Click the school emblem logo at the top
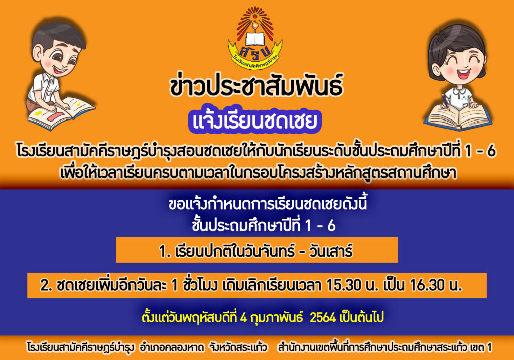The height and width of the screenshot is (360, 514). pyautogui.click(x=255, y=38)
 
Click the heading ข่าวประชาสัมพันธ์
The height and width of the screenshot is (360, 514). pyautogui.click(x=256, y=86)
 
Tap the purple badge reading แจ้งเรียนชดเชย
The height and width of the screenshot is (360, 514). pyautogui.click(x=254, y=121)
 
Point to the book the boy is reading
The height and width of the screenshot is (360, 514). pyautogui.click(x=61, y=112)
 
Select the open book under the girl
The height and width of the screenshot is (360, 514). pyautogui.click(x=458, y=116)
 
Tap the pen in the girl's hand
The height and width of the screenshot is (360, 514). pyautogui.click(x=445, y=100)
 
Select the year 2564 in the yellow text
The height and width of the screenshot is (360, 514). pyautogui.click(x=323, y=317)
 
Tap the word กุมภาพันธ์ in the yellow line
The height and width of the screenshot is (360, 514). pyautogui.click(x=277, y=317)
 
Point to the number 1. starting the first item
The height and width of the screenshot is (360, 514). pyautogui.click(x=165, y=252)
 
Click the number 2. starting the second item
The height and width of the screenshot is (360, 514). pyautogui.click(x=46, y=285)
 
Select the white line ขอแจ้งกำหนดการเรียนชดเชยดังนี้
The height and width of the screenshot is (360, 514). pyautogui.click(x=268, y=204)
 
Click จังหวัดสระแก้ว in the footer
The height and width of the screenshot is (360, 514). pyautogui.click(x=238, y=347)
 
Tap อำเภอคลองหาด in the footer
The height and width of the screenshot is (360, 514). pyautogui.click(x=172, y=347)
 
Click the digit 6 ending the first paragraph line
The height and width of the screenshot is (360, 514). pyautogui.click(x=491, y=151)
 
